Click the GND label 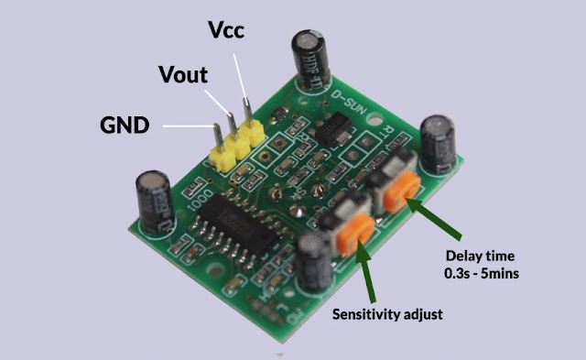(124, 125)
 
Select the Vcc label (226, 30)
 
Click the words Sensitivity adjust (386, 314)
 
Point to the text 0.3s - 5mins (481, 272)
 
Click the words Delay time (480, 255)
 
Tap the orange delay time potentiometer (403, 191)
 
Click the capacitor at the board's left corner (154, 200)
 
